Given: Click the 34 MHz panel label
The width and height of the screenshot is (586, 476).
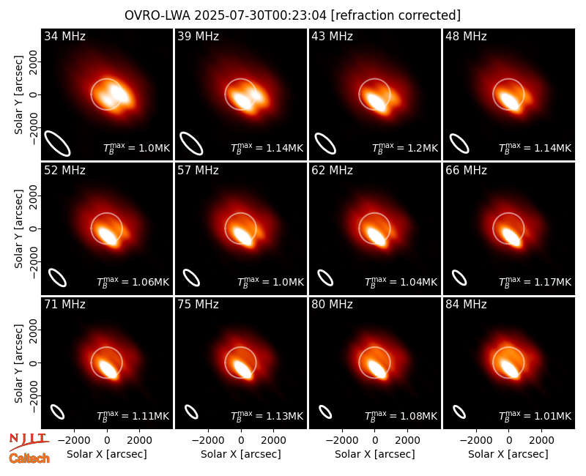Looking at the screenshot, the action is [x=64, y=36].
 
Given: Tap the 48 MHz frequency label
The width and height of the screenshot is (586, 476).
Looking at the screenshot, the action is [x=466, y=36].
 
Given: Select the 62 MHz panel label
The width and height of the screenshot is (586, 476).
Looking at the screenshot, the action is [x=333, y=171].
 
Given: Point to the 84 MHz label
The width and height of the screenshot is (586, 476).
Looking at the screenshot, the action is [x=466, y=305].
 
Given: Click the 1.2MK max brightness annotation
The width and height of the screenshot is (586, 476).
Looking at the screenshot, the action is [x=405, y=149].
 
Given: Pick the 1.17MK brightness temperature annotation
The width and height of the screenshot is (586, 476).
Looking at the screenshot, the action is [x=535, y=282].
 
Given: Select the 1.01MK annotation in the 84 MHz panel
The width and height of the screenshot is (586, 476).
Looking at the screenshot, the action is [x=535, y=416].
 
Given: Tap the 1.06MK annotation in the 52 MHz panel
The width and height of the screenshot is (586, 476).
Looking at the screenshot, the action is [x=133, y=282].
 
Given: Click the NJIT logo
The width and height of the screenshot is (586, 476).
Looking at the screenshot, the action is [x=29, y=441].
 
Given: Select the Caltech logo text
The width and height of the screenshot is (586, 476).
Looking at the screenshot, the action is [x=29, y=458].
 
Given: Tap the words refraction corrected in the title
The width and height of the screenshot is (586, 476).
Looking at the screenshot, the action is [x=396, y=15].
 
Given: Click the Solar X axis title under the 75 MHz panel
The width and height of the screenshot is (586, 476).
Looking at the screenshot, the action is [x=241, y=454].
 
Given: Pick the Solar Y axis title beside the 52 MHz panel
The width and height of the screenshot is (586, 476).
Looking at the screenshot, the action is [x=18, y=228].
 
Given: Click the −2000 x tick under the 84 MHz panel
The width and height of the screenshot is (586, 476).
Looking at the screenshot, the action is [x=475, y=440].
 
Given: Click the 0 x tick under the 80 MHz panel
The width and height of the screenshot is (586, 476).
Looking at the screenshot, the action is [x=375, y=440].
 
